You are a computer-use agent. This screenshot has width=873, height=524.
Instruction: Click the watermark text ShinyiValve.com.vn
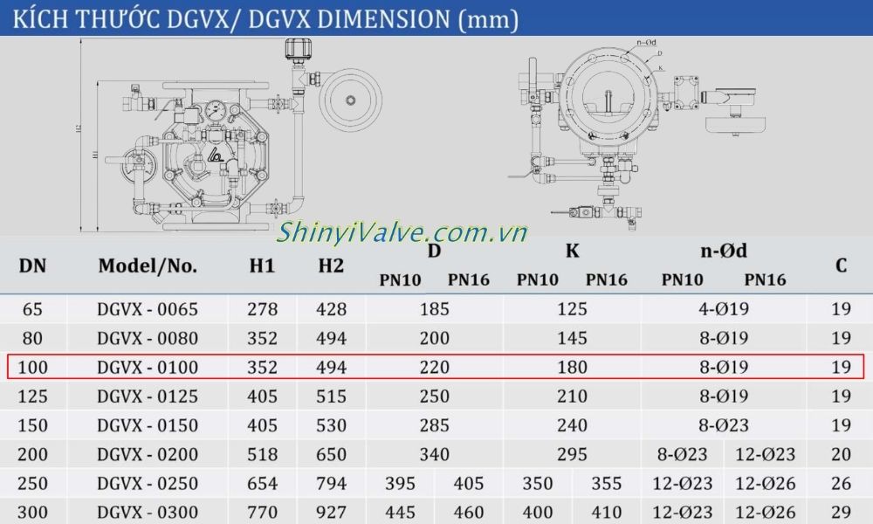402,233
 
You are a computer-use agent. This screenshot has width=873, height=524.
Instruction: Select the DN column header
33,265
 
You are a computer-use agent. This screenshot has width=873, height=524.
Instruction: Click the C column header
841,265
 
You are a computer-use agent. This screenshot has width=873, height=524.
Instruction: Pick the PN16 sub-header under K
607,280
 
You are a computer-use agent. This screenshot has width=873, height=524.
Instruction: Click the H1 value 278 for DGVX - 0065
262,309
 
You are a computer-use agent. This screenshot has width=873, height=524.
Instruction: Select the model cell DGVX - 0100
148,368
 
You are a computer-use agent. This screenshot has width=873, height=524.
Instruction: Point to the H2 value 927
331,512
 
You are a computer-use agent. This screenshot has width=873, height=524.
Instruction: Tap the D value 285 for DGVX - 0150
434,426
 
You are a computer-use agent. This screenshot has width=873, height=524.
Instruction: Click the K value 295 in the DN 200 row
572,455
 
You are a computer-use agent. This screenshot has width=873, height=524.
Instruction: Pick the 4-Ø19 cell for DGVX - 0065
724,309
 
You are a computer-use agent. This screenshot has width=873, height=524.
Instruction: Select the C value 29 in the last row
841,512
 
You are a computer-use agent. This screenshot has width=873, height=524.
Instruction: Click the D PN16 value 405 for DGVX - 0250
469,484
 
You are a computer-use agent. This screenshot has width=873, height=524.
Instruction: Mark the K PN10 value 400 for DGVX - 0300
538,512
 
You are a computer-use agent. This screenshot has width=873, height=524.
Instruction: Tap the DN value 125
33,396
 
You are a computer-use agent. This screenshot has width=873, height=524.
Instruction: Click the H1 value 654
262,484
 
